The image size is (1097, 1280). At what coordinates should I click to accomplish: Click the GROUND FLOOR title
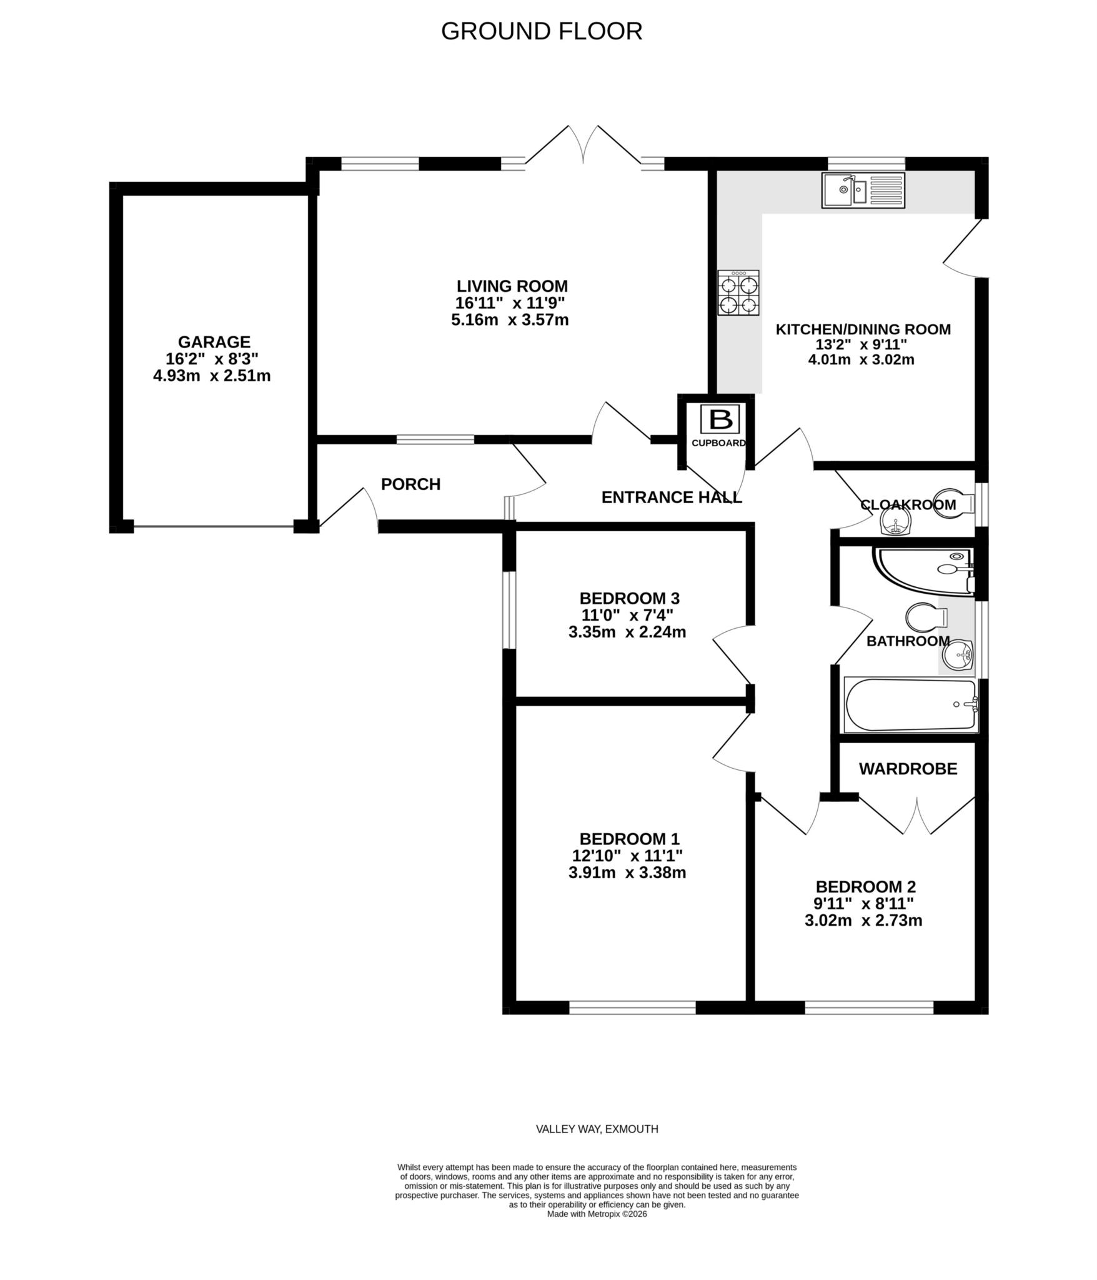pos(541,31)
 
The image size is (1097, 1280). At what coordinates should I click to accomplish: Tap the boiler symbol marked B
pos(720,419)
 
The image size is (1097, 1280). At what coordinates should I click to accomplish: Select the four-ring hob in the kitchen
pos(738,292)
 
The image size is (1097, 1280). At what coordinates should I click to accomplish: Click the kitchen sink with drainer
pos(863,191)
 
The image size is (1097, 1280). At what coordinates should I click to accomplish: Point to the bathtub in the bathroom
pos(910,705)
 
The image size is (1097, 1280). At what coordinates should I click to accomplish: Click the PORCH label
pos(410,484)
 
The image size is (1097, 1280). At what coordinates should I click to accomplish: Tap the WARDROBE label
pos(908,769)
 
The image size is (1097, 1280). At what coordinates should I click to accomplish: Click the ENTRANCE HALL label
pos(671,497)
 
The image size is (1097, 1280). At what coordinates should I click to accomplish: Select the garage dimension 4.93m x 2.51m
pos(212,376)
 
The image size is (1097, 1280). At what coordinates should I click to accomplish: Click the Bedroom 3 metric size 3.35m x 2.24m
pos(627,632)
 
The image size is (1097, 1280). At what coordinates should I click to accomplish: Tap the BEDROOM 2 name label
pos(865,886)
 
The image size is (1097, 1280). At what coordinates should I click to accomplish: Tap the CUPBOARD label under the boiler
pos(718,443)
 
